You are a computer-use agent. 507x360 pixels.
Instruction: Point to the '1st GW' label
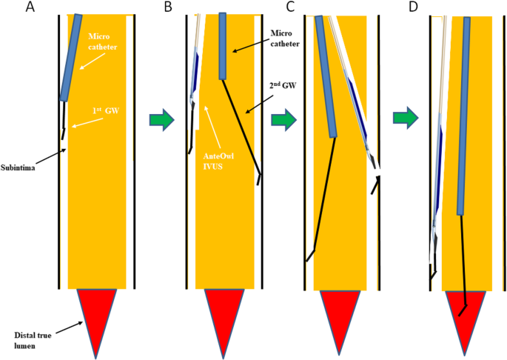[103, 111]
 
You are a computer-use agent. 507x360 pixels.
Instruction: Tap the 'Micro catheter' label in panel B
[286, 39]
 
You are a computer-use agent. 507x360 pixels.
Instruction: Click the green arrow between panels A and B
[161, 119]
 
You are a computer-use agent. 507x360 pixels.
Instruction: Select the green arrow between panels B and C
[283, 119]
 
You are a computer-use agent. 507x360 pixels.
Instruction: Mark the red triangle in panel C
[340, 313]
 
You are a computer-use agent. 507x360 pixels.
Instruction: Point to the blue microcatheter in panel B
[223, 46]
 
